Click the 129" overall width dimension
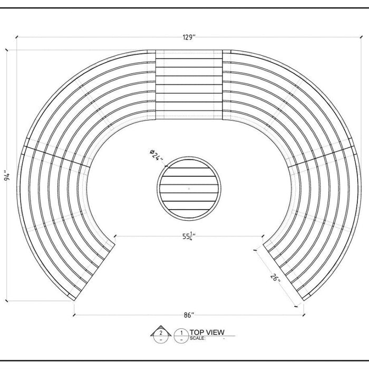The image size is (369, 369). point(189,37)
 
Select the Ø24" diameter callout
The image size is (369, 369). point(156,156)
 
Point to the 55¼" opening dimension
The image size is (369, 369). point(189,236)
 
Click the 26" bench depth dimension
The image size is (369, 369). point(275,278)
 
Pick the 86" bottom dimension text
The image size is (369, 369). point(189,315)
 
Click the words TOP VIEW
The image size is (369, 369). point(207,332)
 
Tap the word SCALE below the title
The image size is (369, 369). point(198,338)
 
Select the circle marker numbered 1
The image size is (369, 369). point(181,335)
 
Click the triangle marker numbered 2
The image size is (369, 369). point(161,332)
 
